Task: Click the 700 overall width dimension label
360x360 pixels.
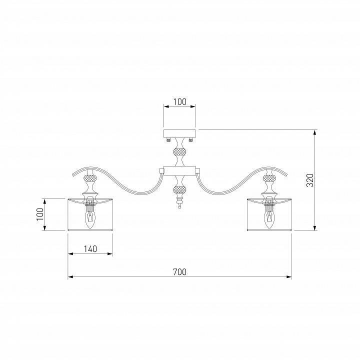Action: [180, 272]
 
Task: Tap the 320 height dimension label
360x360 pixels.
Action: [310, 180]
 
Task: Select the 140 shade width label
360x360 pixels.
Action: [90, 249]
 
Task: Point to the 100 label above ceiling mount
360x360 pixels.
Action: [180, 101]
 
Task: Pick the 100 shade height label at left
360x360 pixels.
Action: [40, 214]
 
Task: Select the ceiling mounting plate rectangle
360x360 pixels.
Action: [179, 133]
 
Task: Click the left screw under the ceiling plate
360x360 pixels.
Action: [169, 139]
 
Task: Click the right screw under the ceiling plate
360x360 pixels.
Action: [190, 139]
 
